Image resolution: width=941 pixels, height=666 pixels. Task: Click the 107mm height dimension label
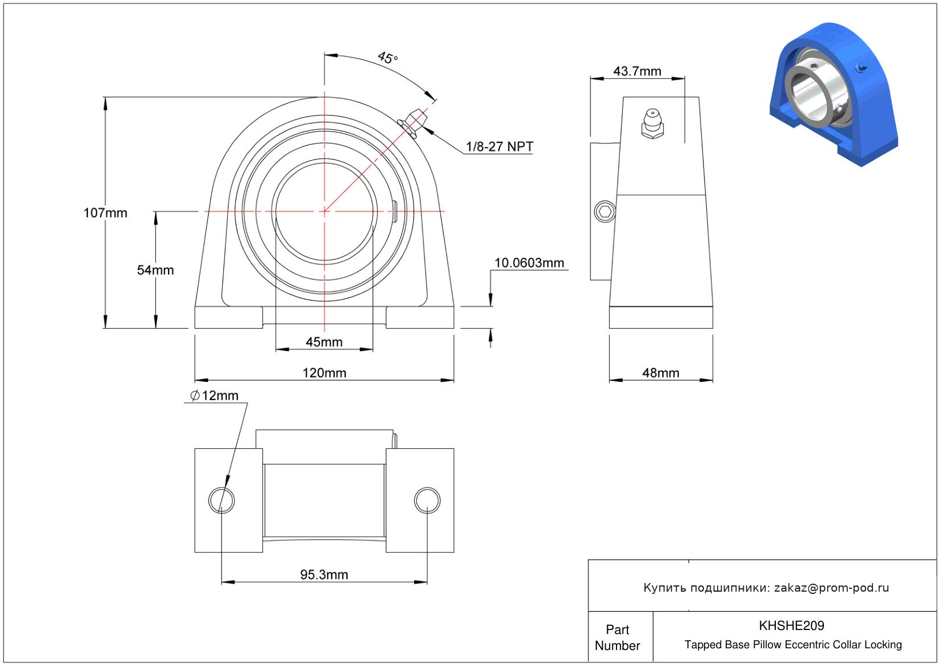(x=105, y=213)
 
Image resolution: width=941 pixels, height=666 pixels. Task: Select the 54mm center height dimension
(x=155, y=270)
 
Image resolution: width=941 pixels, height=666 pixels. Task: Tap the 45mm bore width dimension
(x=324, y=342)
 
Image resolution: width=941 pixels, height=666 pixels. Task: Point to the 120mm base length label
(x=325, y=373)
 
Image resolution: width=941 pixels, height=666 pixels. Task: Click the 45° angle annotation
(x=387, y=58)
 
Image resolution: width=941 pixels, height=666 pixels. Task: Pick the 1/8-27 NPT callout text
(x=499, y=147)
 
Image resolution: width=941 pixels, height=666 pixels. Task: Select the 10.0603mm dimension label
(x=529, y=263)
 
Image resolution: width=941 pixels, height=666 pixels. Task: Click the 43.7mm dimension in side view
(x=637, y=71)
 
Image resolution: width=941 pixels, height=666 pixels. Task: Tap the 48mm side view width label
(x=660, y=373)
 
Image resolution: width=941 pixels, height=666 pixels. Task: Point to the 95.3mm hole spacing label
(x=324, y=575)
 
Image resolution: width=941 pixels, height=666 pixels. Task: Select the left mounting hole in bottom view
(x=221, y=500)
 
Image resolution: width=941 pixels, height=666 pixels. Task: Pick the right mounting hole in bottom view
(x=427, y=500)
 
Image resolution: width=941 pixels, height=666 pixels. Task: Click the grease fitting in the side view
(x=652, y=123)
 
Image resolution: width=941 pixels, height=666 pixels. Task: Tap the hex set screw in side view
(x=605, y=212)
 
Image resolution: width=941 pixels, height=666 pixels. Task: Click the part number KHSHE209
(x=791, y=625)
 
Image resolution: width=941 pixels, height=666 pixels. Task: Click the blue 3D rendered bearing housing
(x=834, y=94)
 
